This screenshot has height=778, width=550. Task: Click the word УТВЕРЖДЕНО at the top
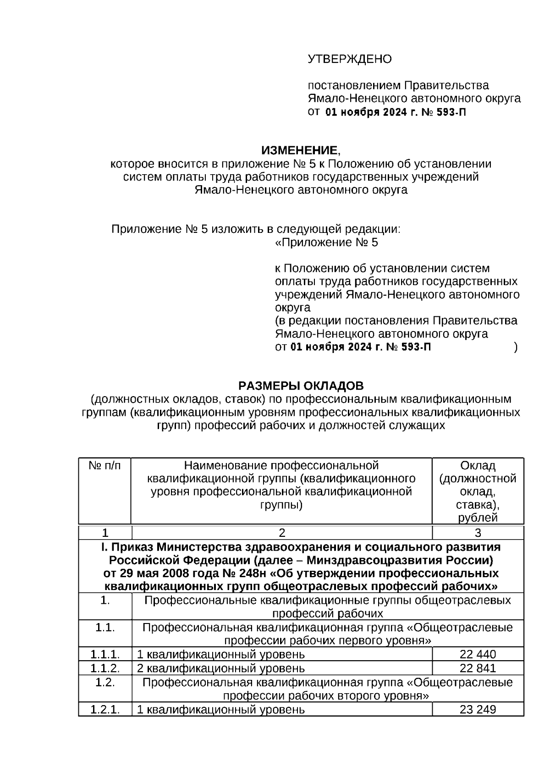349,59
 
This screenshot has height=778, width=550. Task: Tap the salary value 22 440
478,654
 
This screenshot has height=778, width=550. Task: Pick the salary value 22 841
478,668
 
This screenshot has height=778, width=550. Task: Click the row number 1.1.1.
105,654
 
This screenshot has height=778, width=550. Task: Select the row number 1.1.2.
105,668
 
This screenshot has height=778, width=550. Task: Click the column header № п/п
105,466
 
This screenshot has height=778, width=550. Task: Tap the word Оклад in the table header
478,466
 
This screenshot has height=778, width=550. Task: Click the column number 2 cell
282,533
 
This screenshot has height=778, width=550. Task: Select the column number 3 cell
478,533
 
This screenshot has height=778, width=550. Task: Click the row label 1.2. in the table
105,682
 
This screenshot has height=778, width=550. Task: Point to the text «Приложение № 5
326,243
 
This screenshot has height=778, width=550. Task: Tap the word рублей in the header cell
478,518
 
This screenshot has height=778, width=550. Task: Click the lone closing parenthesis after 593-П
516,347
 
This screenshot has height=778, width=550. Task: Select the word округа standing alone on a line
292,308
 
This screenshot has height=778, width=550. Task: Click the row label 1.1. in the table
105,627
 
